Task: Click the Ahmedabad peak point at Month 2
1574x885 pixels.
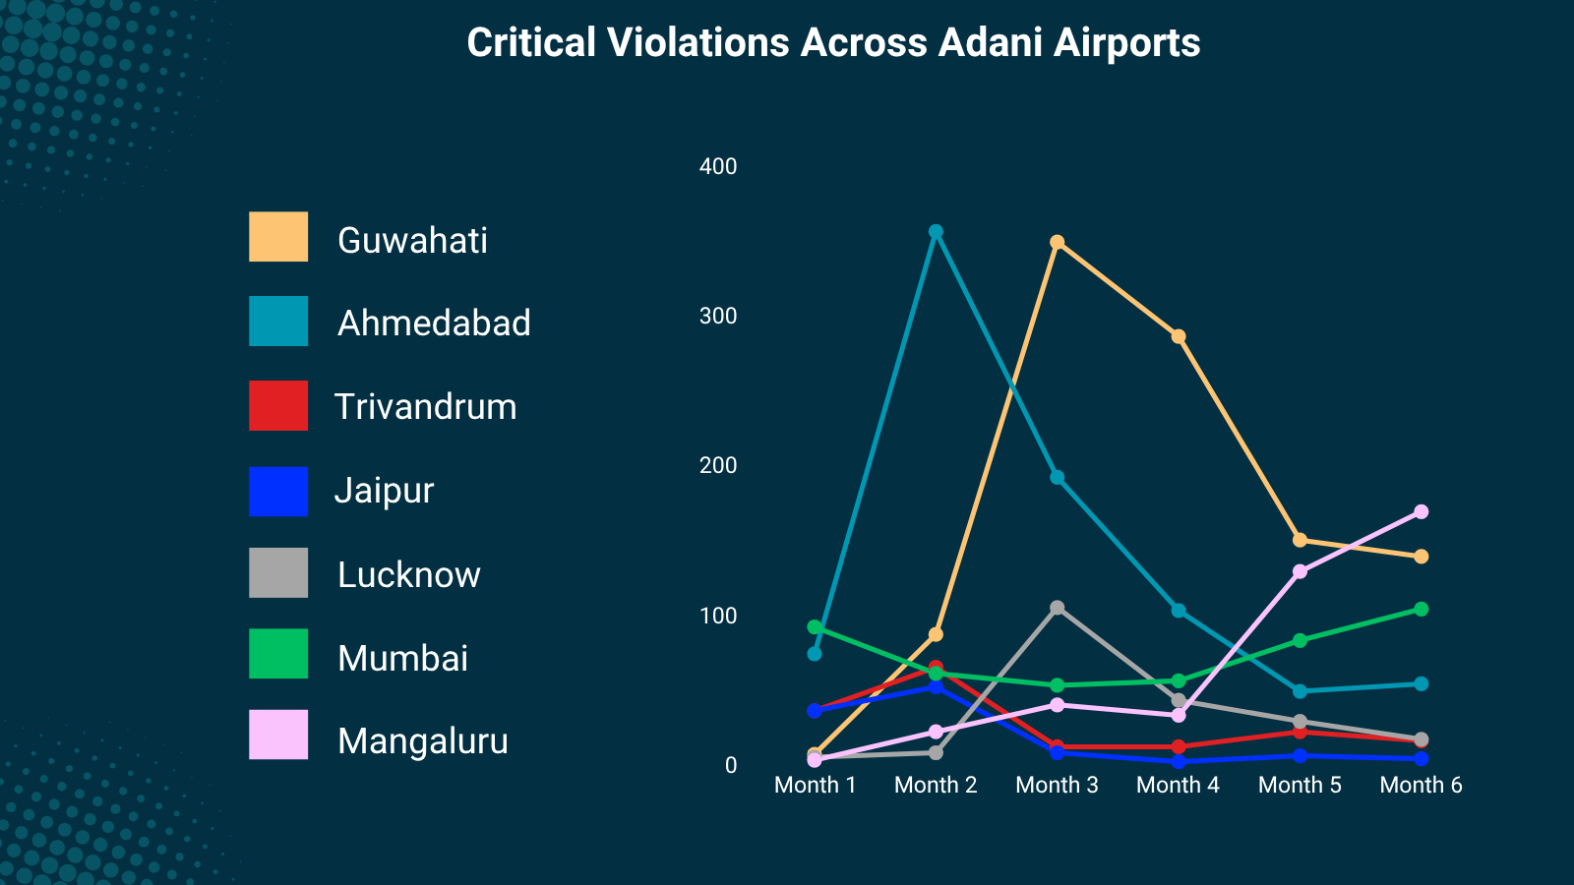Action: tap(936, 232)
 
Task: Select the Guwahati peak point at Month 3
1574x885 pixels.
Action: tap(1057, 242)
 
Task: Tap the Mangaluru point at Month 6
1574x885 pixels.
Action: tap(1421, 511)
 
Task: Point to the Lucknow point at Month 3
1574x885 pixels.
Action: tap(1057, 608)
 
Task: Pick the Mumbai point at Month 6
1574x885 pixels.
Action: tap(1421, 609)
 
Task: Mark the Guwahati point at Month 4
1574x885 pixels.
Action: tap(1178, 336)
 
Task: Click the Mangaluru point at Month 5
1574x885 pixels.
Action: tap(1300, 571)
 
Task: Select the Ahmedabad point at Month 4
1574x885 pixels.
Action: tap(1178, 611)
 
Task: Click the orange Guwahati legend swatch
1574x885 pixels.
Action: tap(278, 237)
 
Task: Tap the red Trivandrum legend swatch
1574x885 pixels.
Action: tap(278, 406)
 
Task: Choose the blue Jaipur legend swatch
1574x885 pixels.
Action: tap(278, 492)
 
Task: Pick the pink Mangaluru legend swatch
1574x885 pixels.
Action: tap(278, 735)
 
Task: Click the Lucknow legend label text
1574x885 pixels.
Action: tap(408, 575)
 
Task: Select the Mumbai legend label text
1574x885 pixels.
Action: tap(402, 659)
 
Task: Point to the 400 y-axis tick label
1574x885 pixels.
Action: tap(718, 166)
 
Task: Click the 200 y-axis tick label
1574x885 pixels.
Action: tap(718, 465)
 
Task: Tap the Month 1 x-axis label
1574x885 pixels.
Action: tap(815, 785)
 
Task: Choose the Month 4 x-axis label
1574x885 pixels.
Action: tap(1178, 785)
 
